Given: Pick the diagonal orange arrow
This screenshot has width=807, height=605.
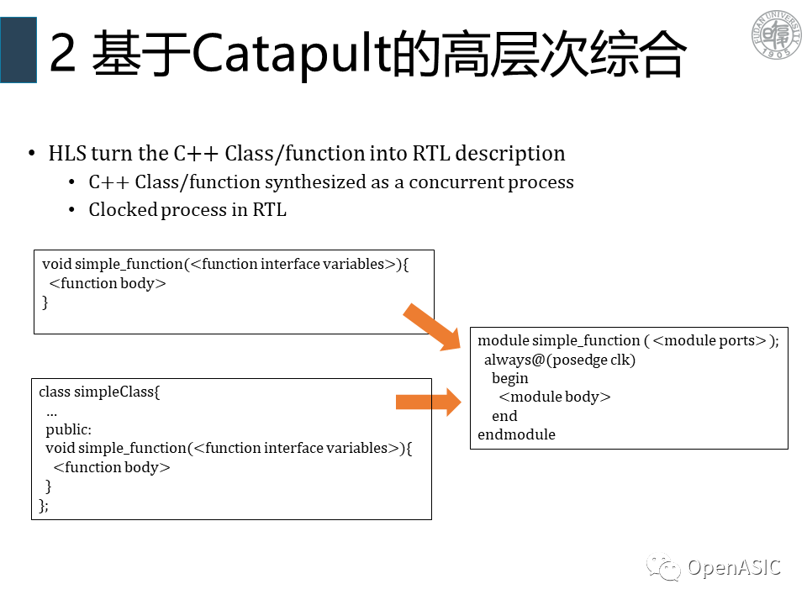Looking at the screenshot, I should point(432,327).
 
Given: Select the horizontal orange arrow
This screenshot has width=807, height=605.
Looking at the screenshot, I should point(428,402).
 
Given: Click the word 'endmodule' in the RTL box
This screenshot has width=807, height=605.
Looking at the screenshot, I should point(516,434).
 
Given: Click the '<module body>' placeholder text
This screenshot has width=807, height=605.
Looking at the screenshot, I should point(555,397).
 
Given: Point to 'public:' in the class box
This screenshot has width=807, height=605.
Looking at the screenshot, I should point(69,429).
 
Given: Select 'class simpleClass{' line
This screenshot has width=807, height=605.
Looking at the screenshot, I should point(98,392).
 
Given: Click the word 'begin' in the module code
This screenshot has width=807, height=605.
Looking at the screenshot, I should point(510,378).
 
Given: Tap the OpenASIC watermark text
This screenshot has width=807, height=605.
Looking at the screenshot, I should point(734,568).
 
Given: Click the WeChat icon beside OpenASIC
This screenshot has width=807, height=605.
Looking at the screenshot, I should point(664,570).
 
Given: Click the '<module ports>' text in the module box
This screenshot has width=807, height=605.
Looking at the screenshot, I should point(709,340).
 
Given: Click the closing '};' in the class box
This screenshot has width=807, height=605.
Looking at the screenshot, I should point(44,504).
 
